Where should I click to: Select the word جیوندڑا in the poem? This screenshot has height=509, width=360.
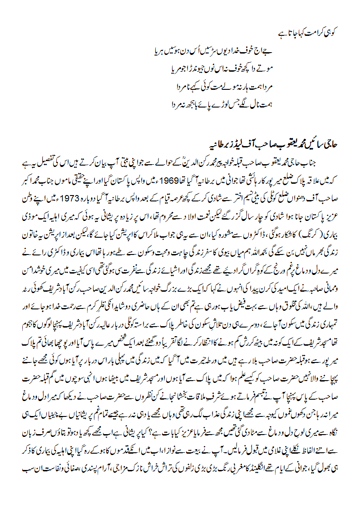196,69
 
